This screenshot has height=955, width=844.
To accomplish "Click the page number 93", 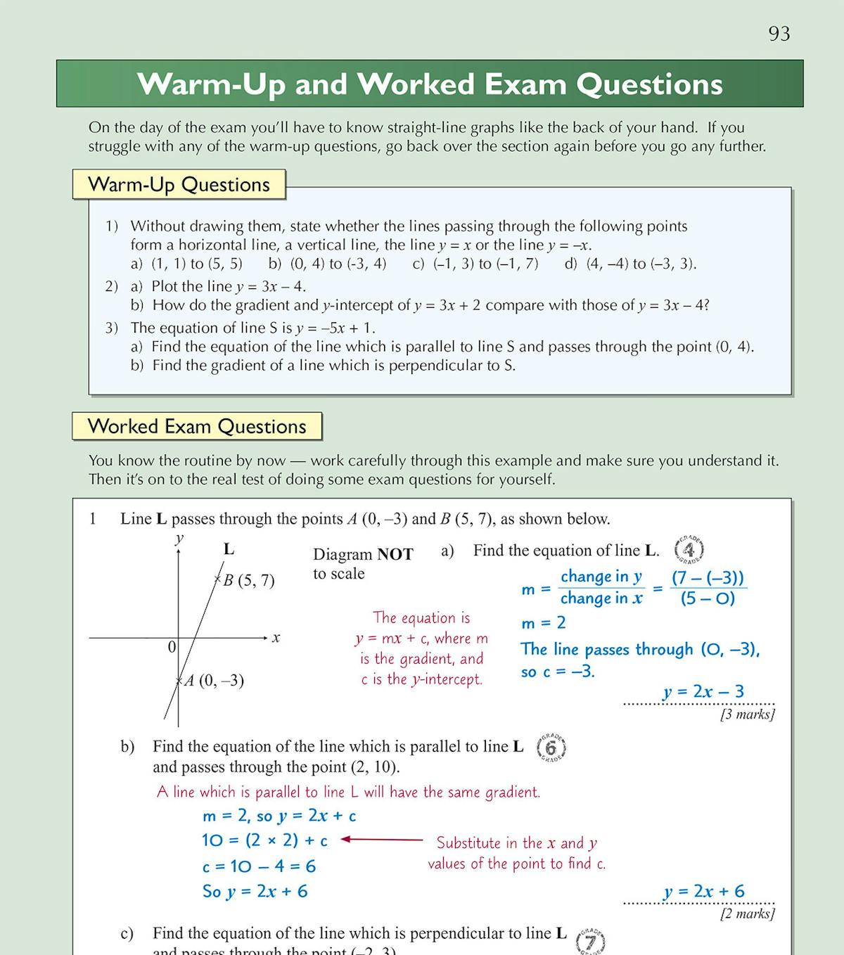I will pos(779,34).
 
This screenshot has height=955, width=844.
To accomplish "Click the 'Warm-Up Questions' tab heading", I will pos(179,185).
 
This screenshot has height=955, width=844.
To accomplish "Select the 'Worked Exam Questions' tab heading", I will pos(197,427).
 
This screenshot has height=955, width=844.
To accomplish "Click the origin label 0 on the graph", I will pos(172,647).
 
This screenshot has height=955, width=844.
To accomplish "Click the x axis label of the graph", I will pos(276,638).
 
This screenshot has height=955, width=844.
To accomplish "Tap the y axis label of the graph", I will pos(179,539).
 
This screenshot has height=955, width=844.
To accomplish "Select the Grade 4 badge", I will pos(689,549).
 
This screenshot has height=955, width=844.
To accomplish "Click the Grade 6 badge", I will pos(551,748).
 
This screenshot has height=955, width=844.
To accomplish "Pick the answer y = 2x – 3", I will pos(703,692).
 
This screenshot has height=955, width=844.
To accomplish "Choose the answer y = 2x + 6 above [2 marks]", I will pos(703,892).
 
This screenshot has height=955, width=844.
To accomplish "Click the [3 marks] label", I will pos(747,714).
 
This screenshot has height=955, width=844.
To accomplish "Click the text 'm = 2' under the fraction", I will pos(543,623).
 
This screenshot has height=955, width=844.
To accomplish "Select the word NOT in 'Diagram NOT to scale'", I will pos(395,554).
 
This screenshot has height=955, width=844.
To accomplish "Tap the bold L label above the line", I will pos(229,549).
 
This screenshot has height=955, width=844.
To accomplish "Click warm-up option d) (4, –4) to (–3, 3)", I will pos(630,264).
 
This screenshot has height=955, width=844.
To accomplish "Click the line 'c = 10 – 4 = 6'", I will pos(259,866).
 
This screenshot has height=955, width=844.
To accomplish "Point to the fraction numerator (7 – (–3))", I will pos(708,578).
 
